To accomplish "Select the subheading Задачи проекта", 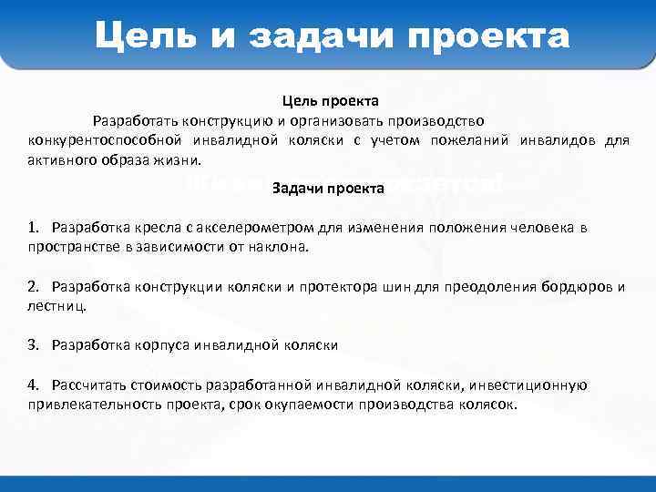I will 328,189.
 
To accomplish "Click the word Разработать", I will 134,120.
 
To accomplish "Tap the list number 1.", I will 33,227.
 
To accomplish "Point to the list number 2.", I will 33,287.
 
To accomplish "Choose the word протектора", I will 363,287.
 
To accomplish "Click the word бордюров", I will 576,287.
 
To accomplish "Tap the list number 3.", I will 33,345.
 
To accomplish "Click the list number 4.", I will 33,385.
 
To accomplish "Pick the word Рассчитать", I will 91,385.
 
